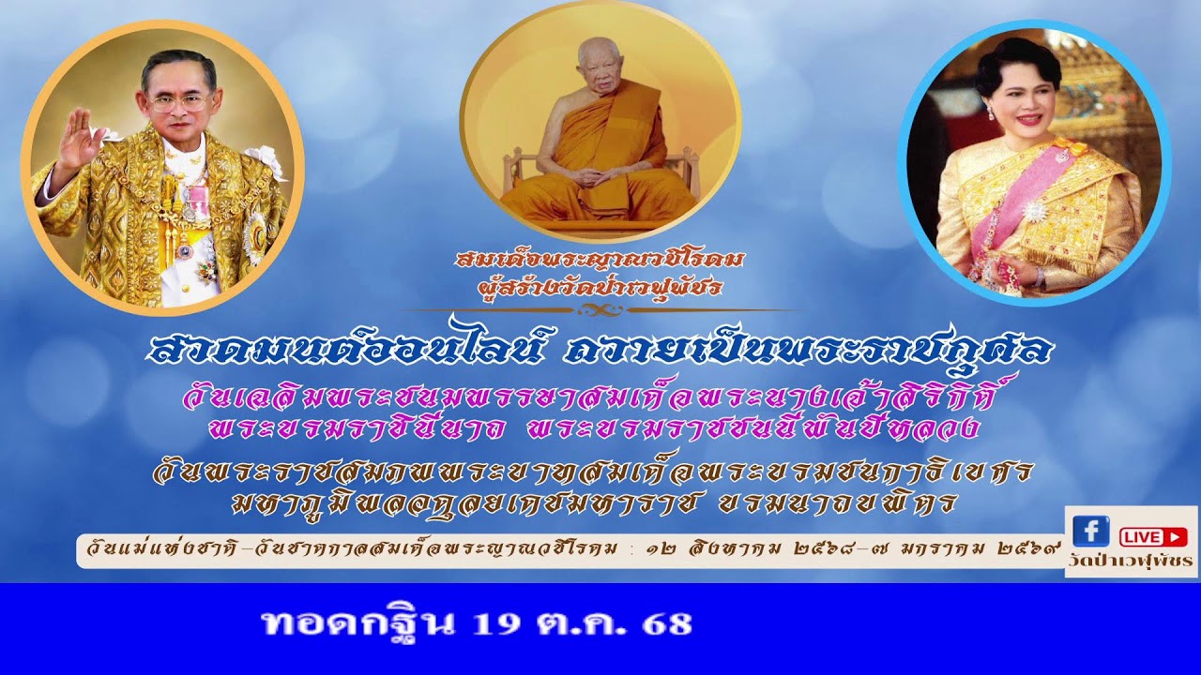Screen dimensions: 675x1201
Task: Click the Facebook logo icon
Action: (1090, 532)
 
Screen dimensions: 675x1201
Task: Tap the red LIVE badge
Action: (1153, 536)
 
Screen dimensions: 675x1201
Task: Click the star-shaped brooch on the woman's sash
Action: (1035, 211)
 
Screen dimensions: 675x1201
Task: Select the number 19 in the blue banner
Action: (495, 623)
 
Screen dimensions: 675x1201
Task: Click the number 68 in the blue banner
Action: (667, 623)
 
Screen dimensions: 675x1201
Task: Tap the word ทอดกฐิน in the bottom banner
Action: (359, 623)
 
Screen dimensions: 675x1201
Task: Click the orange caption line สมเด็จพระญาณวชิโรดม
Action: (600, 260)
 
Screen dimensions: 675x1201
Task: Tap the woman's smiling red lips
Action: (1029, 119)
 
